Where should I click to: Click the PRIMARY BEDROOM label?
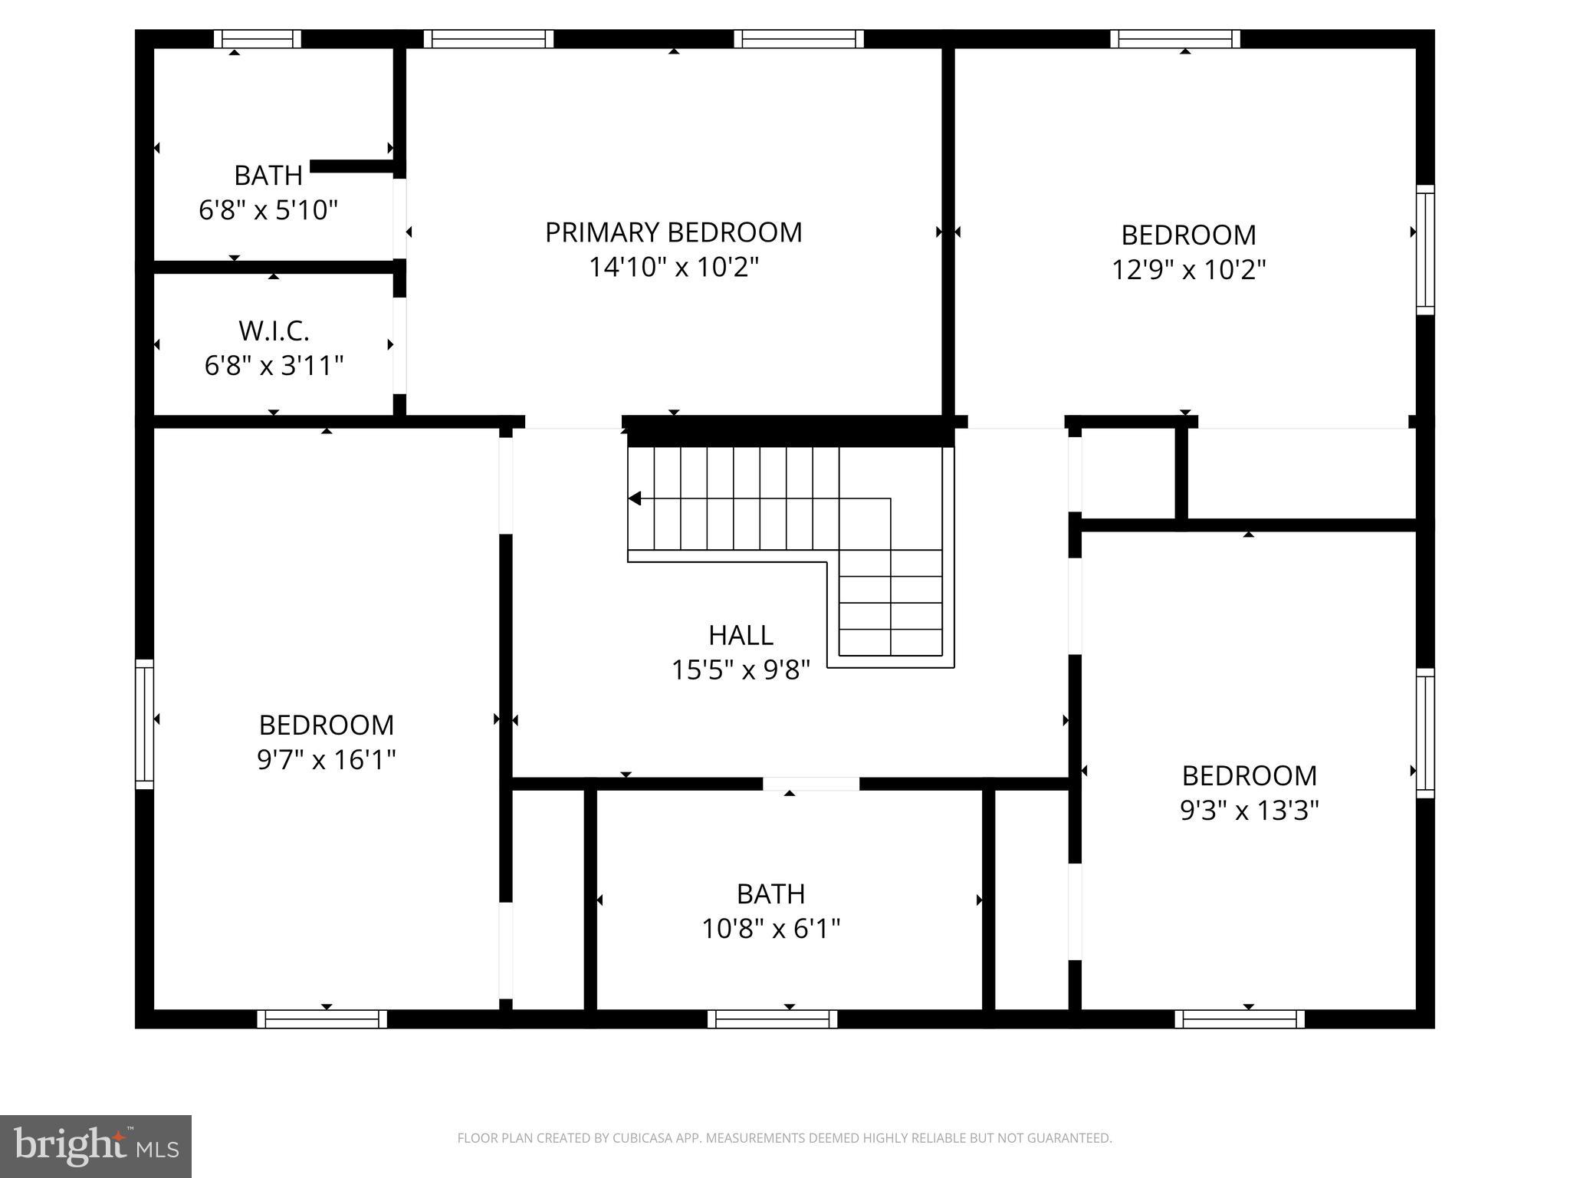673,232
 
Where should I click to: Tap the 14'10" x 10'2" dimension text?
673,268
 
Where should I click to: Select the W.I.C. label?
274,331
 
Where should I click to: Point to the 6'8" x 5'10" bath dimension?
268,209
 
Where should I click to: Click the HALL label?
741,635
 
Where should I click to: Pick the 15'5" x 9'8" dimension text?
741,670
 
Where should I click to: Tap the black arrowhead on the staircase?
635,499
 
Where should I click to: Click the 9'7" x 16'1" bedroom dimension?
327,760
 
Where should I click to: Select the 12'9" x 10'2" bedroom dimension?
1188,270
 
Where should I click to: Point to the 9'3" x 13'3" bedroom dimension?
1249,811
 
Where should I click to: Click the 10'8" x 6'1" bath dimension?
770,930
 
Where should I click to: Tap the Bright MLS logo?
96,1146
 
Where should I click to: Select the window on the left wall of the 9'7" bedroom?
144,724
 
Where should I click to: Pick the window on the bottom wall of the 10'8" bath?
772,1019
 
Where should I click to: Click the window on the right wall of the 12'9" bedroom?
1424,250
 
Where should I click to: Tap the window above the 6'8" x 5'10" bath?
257,39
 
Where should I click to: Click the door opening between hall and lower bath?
810,784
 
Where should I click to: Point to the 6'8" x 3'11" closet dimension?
274,366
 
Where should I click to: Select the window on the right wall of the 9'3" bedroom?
1424,732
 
